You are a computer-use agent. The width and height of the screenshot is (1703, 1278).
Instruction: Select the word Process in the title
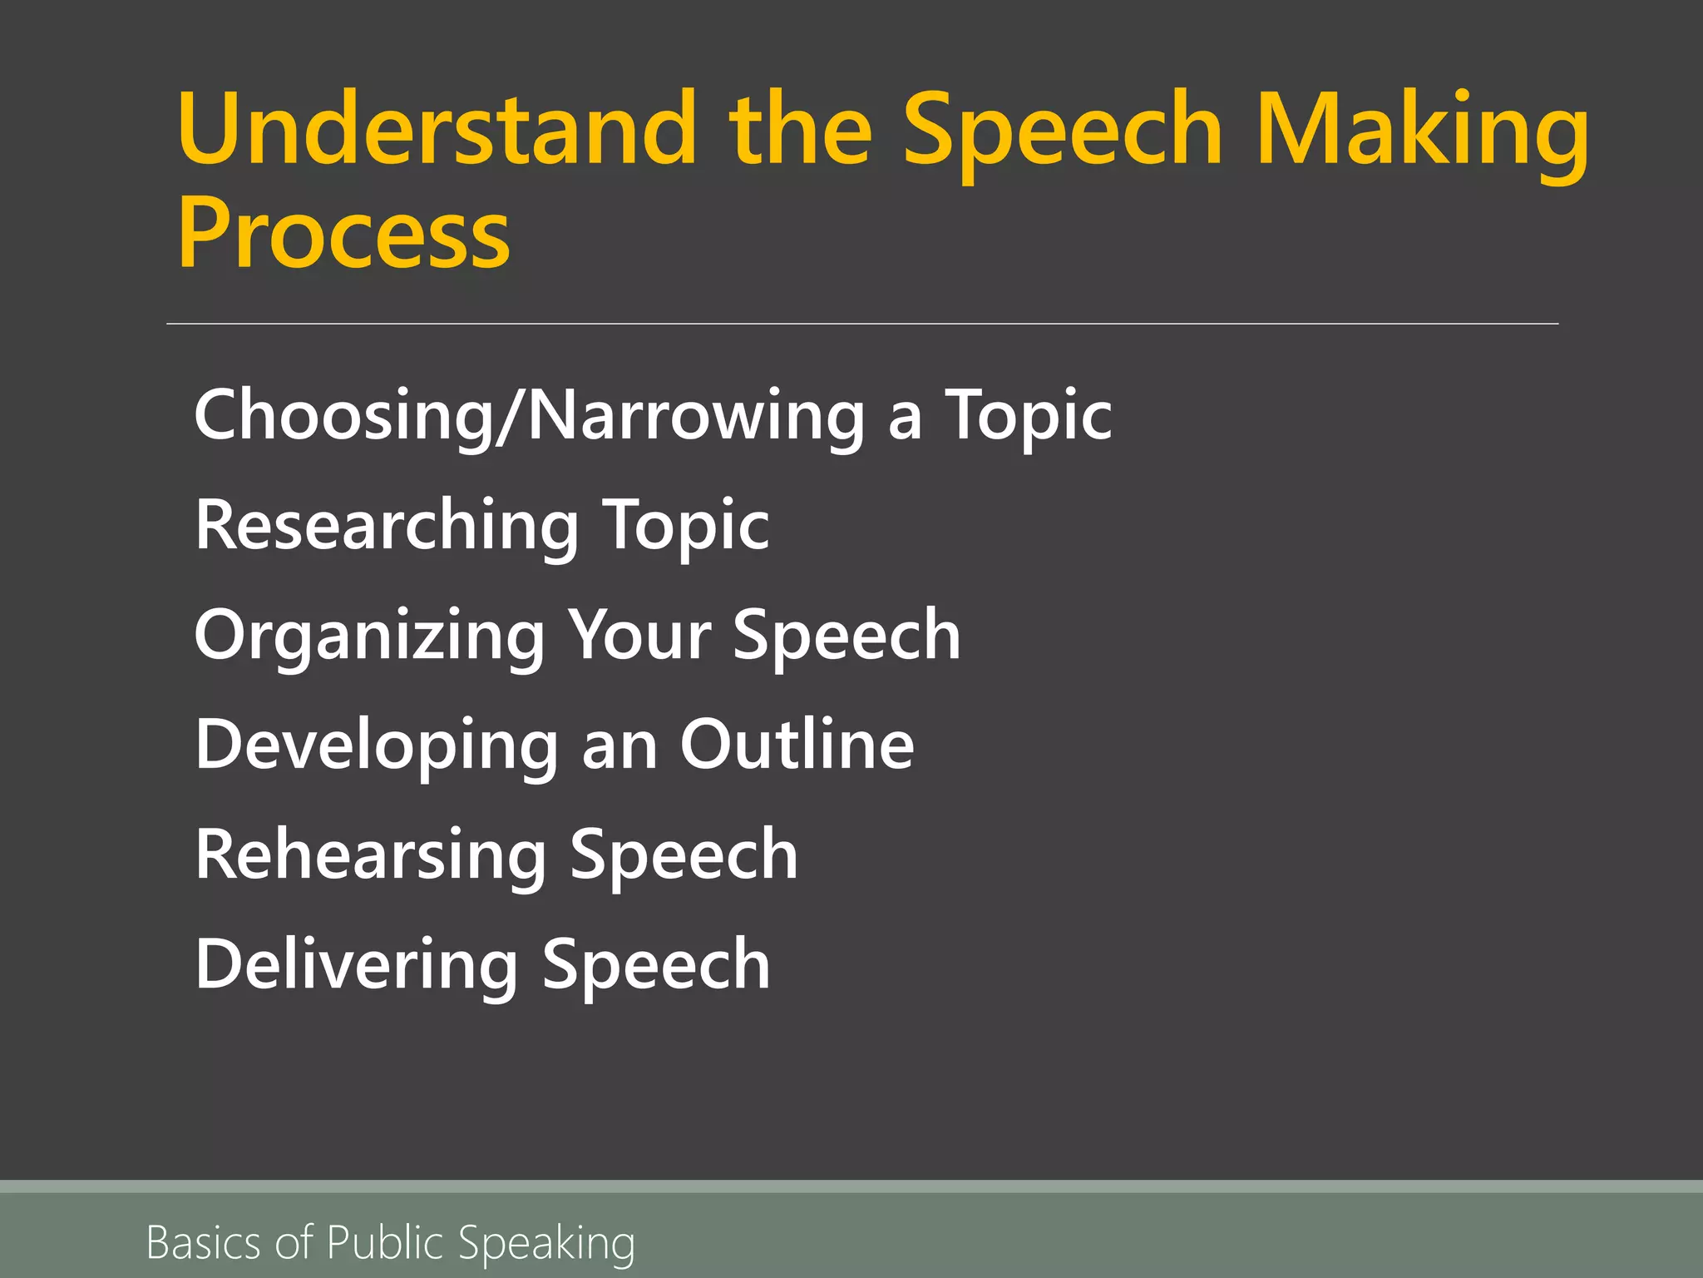point(343,235)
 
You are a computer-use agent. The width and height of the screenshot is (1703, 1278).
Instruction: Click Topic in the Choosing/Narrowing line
point(1028,415)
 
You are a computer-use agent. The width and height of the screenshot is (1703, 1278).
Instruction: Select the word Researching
point(387,525)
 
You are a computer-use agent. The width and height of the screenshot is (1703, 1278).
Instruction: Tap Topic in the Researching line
point(686,525)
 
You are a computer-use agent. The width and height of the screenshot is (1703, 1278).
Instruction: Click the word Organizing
point(368,636)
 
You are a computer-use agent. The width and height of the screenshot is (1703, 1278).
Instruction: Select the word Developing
point(377,745)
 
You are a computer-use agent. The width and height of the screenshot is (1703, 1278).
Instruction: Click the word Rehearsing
point(371,856)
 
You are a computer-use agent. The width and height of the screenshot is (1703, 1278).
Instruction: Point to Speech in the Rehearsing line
point(684,856)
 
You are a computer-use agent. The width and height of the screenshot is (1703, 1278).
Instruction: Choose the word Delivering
point(357,965)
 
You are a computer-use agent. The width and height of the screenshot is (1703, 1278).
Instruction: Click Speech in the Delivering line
point(656,965)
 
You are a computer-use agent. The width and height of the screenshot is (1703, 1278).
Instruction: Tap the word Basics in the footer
point(204,1243)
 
